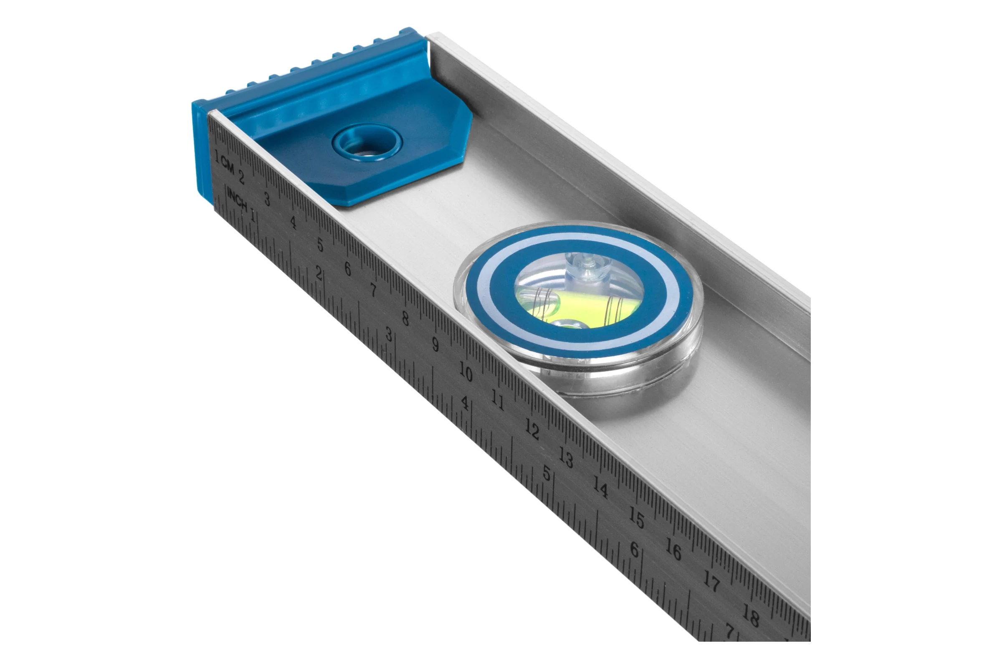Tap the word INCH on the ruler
[237, 199]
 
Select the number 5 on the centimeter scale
[320, 245]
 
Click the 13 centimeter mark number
[566, 458]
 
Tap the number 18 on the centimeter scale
[751, 617]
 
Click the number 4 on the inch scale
[465, 403]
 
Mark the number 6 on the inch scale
[634, 550]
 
